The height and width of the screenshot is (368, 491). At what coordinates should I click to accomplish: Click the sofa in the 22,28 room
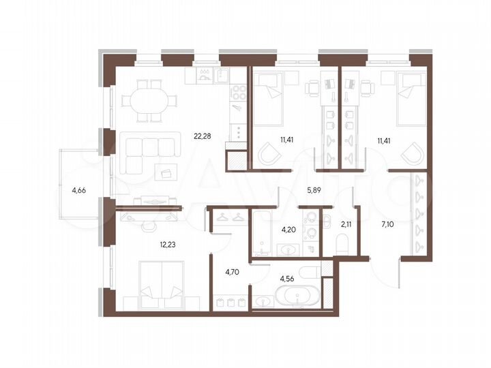click(148, 145)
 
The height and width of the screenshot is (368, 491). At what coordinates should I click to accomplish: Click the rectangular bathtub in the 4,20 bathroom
click(261, 235)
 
